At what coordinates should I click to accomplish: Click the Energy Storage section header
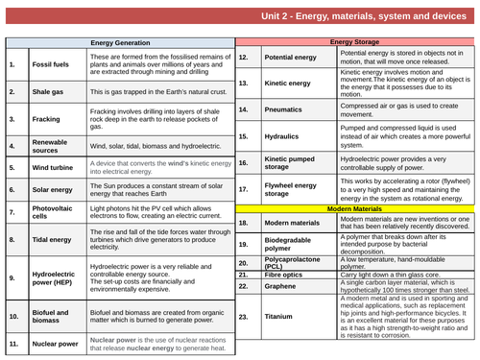(x=356, y=43)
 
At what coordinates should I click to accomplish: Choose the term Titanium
(x=281, y=316)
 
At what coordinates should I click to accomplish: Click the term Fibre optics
(x=287, y=274)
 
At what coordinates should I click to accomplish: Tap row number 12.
(x=244, y=58)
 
